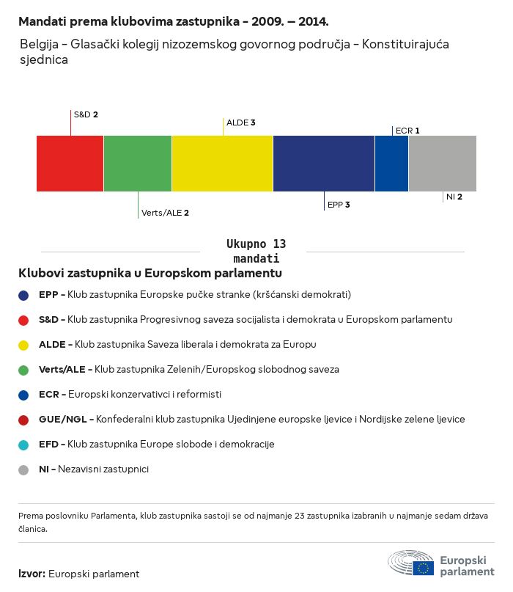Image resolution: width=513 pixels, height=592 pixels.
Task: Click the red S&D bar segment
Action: (x=70, y=163)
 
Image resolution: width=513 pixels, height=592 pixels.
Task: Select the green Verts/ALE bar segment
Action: (x=138, y=163)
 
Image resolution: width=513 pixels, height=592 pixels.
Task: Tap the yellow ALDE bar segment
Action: (x=222, y=163)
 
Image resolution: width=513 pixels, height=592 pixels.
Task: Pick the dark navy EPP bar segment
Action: (x=323, y=163)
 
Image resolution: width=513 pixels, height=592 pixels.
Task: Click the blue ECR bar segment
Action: (x=391, y=163)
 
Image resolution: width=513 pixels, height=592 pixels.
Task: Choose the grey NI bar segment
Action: (x=442, y=163)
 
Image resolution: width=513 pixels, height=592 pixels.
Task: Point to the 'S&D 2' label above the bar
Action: (x=86, y=114)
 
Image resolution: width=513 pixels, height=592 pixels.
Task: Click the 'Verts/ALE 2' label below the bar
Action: (x=165, y=213)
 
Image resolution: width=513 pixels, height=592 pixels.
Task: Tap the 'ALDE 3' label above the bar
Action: (x=240, y=123)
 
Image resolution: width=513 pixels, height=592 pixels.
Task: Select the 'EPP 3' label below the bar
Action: (x=339, y=205)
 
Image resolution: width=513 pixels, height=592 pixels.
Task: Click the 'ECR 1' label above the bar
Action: (x=407, y=131)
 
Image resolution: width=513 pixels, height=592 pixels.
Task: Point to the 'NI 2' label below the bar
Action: (x=454, y=197)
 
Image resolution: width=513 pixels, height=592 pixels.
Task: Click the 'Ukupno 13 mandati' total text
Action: (x=256, y=251)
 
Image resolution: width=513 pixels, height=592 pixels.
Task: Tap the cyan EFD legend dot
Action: (x=23, y=445)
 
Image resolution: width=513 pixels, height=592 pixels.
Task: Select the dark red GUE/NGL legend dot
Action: (x=23, y=420)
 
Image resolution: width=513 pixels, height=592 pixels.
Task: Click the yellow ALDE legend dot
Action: (x=23, y=345)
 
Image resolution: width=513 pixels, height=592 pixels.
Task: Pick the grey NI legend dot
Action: (x=23, y=469)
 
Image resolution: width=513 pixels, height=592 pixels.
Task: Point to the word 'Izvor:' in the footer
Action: (x=32, y=574)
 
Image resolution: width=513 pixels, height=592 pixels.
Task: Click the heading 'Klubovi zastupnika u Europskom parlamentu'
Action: (x=150, y=273)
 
